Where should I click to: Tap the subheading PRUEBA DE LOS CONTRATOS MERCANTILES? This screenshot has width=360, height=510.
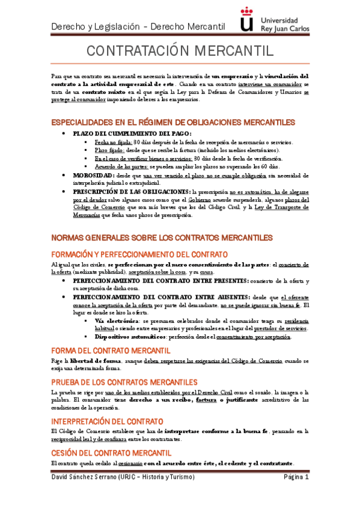tap(124, 382)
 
